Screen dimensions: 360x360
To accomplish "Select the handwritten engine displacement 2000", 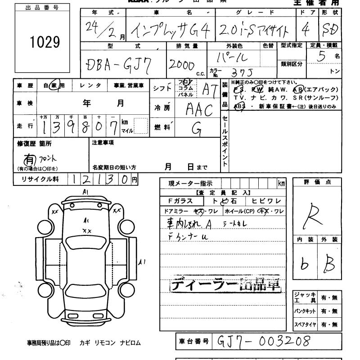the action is click(x=181, y=65).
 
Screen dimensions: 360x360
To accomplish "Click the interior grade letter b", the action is click(x=305, y=265).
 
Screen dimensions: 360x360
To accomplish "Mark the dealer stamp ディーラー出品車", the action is click(x=225, y=285).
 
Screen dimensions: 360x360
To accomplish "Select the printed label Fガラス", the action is click(x=180, y=201).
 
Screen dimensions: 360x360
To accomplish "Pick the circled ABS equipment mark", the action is click(x=241, y=106).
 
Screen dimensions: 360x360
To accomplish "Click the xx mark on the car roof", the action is click(x=86, y=231).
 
